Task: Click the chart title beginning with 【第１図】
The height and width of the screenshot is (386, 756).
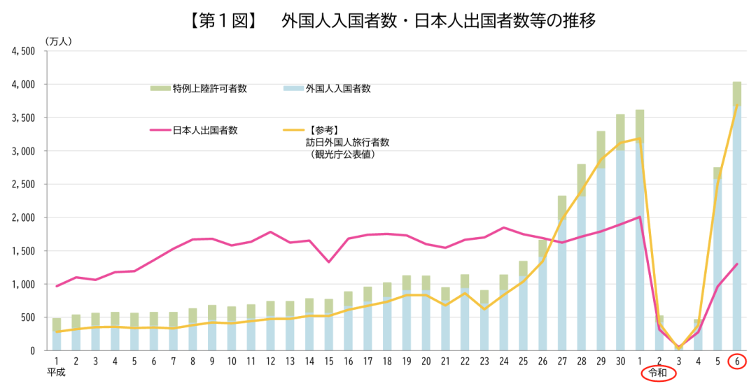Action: (x=391, y=21)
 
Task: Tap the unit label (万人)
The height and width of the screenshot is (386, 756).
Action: (x=59, y=41)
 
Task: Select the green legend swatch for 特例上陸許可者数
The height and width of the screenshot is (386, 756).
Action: (x=160, y=89)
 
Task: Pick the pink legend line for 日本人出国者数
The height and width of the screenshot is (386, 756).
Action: (x=160, y=130)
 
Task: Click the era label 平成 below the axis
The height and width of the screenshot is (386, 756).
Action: (x=56, y=373)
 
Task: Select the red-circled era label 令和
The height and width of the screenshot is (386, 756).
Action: (x=659, y=373)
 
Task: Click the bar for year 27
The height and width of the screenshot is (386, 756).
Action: (x=562, y=280)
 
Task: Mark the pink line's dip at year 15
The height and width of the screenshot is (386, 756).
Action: (x=328, y=262)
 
